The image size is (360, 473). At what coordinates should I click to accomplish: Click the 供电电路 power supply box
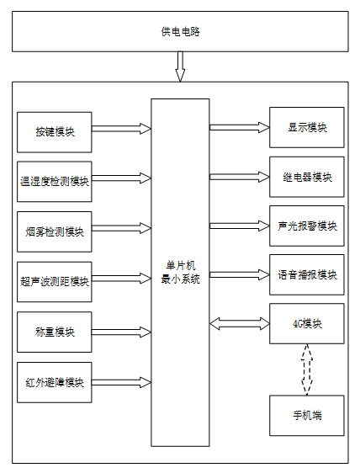pyautogui.click(x=180, y=31)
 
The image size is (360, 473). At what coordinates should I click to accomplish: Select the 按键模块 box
pyautogui.click(x=55, y=132)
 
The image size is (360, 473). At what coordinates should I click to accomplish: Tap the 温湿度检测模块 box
pyautogui.click(x=55, y=182)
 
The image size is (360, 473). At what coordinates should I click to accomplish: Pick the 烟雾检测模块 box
pyautogui.click(x=55, y=231)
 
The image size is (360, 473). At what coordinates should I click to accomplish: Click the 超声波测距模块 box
pyautogui.click(x=55, y=282)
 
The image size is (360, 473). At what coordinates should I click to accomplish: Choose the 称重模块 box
pyautogui.click(x=55, y=332)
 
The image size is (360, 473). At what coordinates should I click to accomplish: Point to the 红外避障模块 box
pyautogui.click(x=55, y=382)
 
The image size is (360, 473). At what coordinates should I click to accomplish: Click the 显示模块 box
pyautogui.click(x=307, y=127)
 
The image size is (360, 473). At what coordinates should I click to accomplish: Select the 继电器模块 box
pyautogui.click(x=307, y=177)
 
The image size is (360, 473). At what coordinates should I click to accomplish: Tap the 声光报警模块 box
pyautogui.click(x=307, y=226)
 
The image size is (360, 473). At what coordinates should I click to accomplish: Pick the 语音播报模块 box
pyautogui.click(x=307, y=275)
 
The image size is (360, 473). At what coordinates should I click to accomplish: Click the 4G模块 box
pyautogui.click(x=307, y=324)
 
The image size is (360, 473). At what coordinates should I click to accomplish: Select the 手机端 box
pyautogui.click(x=307, y=416)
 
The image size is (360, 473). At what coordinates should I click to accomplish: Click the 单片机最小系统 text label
pyautogui.click(x=180, y=273)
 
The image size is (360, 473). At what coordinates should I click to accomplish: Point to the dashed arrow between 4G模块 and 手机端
pyautogui.click(x=307, y=369)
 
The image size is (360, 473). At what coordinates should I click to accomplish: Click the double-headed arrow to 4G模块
pyautogui.click(x=240, y=324)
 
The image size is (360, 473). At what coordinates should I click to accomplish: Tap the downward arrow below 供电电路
pyautogui.click(x=180, y=66)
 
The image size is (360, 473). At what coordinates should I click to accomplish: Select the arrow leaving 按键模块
pyautogui.click(x=121, y=129)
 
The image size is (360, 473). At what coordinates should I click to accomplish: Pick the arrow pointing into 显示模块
pyautogui.click(x=240, y=128)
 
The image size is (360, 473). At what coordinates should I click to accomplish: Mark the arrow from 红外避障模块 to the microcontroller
pyautogui.click(x=121, y=382)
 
